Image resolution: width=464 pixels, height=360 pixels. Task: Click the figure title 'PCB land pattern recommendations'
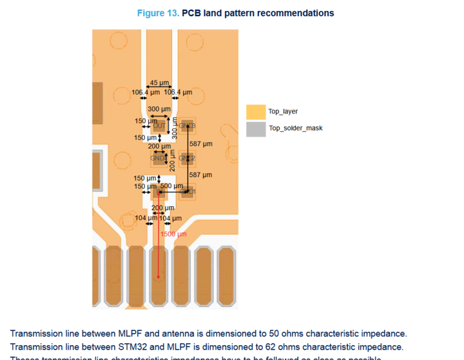click(x=258, y=13)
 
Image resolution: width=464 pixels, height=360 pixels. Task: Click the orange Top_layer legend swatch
click(x=255, y=111)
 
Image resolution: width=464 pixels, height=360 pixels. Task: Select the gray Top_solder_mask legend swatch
click(x=255, y=129)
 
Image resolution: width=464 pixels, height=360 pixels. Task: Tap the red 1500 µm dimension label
click(x=173, y=234)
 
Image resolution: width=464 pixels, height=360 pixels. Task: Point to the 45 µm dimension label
click(x=159, y=83)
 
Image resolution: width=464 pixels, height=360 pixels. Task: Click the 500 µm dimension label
click(x=171, y=186)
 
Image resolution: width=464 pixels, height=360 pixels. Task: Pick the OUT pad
click(x=159, y=126)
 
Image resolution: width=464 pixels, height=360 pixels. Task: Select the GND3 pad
click(x=188, y=126)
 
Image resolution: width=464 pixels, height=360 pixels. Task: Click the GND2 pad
click(x=188, y=158)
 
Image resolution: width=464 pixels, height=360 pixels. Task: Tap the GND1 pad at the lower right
click(x=188, y=192)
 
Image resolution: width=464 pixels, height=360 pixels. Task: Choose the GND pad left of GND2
click(x=158, y=158)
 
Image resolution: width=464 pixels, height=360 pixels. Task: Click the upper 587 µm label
click(x=200, y=144)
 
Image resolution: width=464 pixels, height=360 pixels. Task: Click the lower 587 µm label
click(x=200, y=175)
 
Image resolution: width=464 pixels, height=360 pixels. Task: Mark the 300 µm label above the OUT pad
click(x=159, y=109)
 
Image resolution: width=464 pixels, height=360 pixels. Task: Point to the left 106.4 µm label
click(x=145, y=92)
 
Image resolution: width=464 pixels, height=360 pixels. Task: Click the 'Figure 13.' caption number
click(x=159, y=13)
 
